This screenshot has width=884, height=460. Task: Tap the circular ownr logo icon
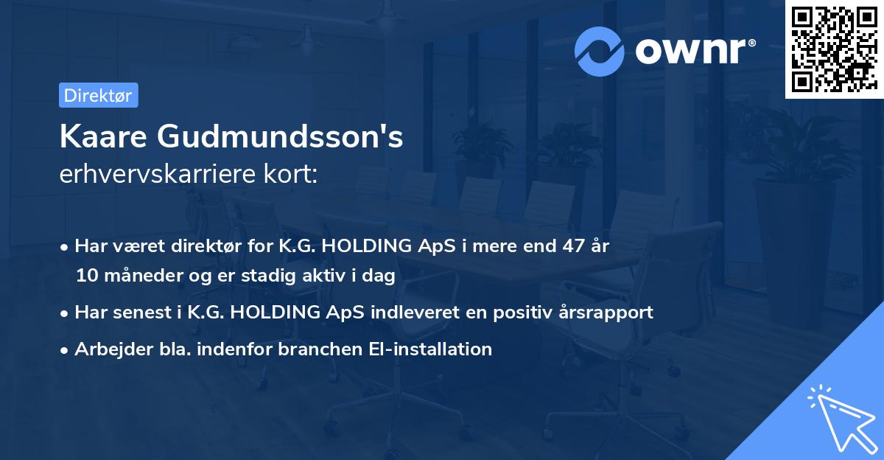[x=600, y=51]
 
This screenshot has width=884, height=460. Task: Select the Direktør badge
[x=98, y=95]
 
